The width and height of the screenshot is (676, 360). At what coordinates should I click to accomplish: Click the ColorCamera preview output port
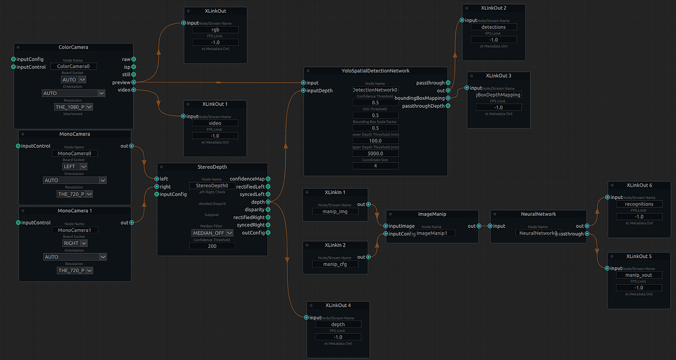133,82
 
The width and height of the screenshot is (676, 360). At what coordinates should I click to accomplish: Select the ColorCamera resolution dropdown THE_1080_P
73,107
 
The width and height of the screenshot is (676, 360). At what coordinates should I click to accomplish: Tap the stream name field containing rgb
215,30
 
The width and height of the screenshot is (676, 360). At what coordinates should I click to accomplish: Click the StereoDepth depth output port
268,202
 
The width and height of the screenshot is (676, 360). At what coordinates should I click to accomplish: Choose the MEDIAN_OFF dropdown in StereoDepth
212,233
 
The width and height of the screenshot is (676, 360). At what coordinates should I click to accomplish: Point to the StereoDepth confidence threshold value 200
212,246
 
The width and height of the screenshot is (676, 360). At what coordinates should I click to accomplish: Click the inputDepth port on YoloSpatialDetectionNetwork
303,90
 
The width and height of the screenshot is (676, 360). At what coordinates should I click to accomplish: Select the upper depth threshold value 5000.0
375,153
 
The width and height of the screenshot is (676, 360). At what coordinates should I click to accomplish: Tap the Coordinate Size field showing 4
375,166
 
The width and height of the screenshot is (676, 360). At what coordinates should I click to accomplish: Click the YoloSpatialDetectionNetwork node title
375,71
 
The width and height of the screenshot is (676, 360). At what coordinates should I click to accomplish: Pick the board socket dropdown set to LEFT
74,166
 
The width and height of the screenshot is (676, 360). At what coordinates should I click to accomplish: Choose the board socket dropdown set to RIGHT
74,243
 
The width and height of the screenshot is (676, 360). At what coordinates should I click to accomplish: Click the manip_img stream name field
335,211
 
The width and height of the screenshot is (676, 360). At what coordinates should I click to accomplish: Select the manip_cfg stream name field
335,264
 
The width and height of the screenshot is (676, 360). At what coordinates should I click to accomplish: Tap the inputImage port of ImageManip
386,226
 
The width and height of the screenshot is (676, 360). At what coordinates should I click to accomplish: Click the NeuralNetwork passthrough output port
586,234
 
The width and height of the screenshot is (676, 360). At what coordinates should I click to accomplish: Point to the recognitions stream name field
639,204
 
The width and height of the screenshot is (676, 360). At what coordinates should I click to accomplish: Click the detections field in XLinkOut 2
493,27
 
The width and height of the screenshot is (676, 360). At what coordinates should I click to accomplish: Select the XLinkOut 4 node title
338,305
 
